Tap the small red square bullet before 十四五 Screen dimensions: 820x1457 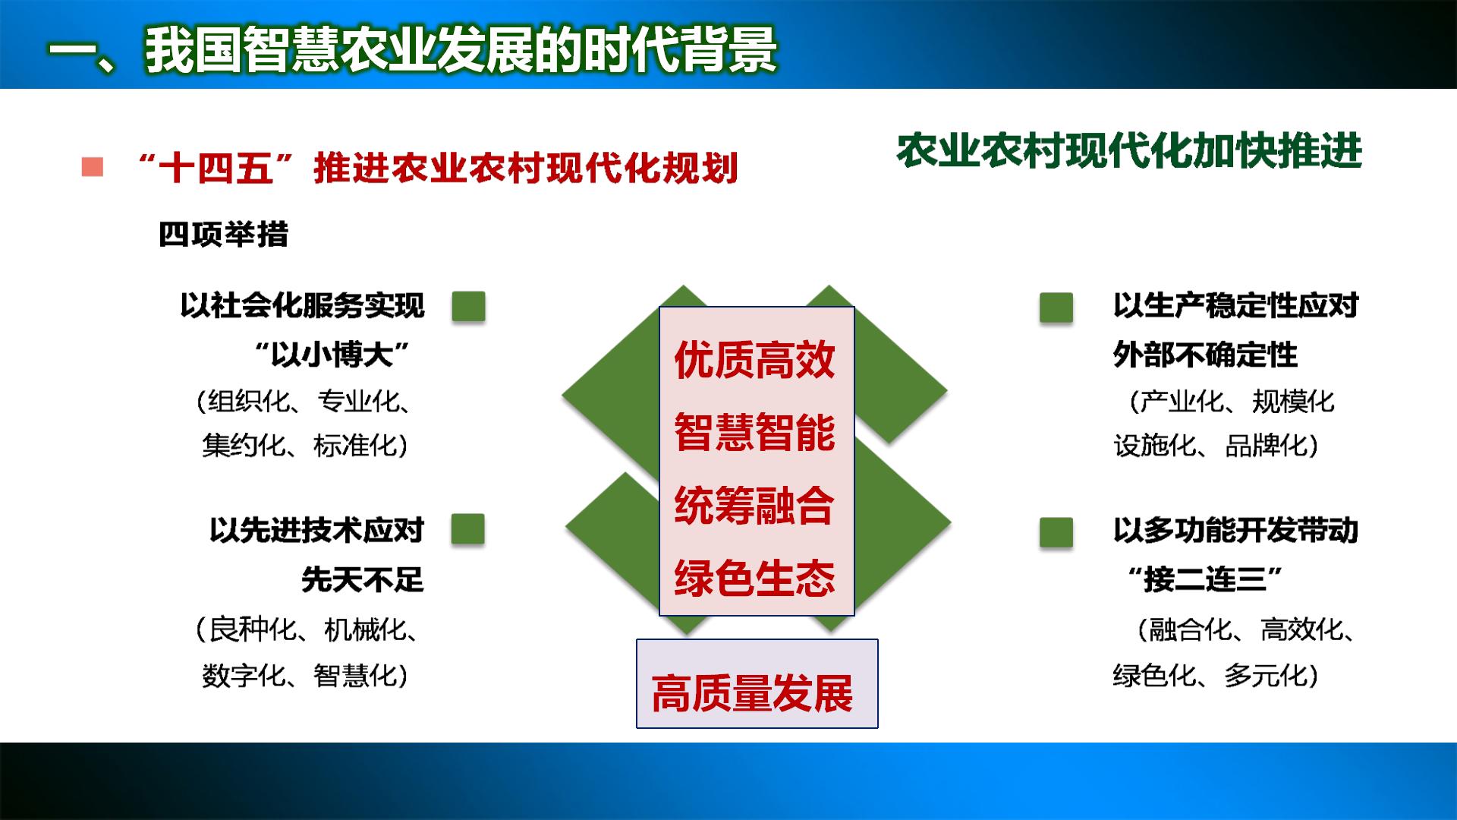click(x=92, y=167)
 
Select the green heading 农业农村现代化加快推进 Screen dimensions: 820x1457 click(x=1129, y=151)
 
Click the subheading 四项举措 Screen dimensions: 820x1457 click(x=223, y=234)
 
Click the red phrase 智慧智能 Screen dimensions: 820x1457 click(x=755, y=432)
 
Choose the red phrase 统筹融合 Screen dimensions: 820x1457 click(x=755, y=505)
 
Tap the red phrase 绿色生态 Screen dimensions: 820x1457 click(x=755, y=578)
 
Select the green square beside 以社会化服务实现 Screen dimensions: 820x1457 click(x=468, y=307)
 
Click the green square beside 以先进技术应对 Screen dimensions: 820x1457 click(x=467, y=529)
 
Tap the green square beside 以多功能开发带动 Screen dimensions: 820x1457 click(x=1056, y=532)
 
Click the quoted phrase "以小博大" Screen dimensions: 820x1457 click(x=332, y=355)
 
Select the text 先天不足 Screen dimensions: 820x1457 click(x=363, y=579)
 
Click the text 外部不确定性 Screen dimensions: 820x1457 click(x=1205, y=355)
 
